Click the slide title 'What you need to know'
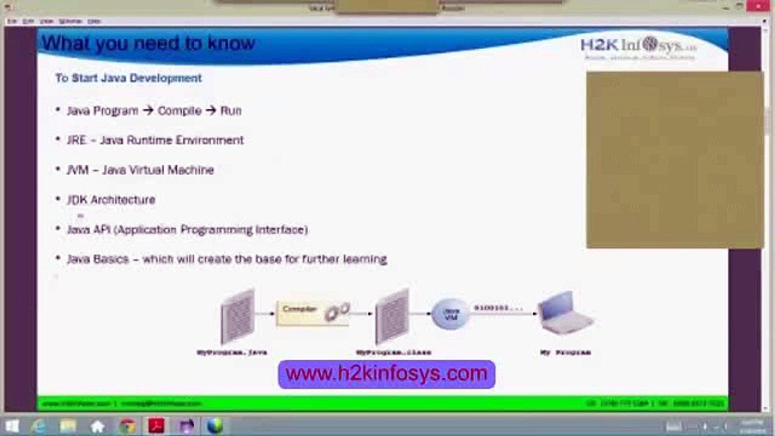(149, 43)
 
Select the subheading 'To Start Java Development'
(128, 78)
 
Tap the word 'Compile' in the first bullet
(179, 111)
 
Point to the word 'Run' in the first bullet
(231, 111)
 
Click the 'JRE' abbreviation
(77, 140)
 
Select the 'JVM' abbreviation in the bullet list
(77, 170)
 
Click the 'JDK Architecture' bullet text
(111, 200)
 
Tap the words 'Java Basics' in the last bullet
(98, 259)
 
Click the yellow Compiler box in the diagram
(312, 313)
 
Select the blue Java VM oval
(450, 314)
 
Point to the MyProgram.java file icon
(238, 316)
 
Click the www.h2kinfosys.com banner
(386, 374)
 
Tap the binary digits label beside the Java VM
(498, 308)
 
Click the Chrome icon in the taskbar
(128, 426)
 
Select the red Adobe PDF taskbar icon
(156, 426)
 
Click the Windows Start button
(12, 426)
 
